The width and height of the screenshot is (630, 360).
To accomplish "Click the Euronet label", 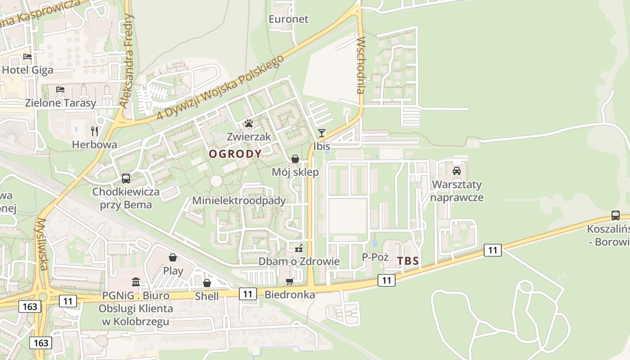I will [288, 19].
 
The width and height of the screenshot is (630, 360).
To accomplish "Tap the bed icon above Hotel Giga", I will [27, 57].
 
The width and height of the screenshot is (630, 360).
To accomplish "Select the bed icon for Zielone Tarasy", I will [60, 90].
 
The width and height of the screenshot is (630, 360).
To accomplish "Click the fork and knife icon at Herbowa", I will [94, 131].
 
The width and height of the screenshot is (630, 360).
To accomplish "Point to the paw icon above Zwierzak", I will [249, 123].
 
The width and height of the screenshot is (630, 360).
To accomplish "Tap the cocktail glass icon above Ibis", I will [322, 133].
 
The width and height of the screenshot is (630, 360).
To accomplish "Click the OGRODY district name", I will [235, 154].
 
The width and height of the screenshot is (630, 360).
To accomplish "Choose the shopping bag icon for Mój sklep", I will [295, 159].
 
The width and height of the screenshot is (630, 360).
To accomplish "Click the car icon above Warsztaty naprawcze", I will [457, 171].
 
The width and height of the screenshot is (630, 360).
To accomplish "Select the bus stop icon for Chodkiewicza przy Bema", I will [126, 179].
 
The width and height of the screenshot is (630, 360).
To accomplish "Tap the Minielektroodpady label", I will [239, 201].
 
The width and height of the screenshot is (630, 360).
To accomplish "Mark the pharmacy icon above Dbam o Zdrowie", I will [298, 248].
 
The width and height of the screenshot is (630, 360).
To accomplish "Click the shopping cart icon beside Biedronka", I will [289, 282].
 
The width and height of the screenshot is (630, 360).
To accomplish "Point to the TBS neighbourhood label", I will [408, 261].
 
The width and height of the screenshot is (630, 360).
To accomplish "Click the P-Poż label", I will [375, 257].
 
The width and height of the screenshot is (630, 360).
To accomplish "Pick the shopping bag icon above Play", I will [173, 257].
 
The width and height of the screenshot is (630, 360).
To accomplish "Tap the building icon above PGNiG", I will [136, 282].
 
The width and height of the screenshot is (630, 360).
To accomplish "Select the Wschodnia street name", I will [360, 65].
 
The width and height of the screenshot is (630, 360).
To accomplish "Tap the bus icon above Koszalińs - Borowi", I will [616, 216].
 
